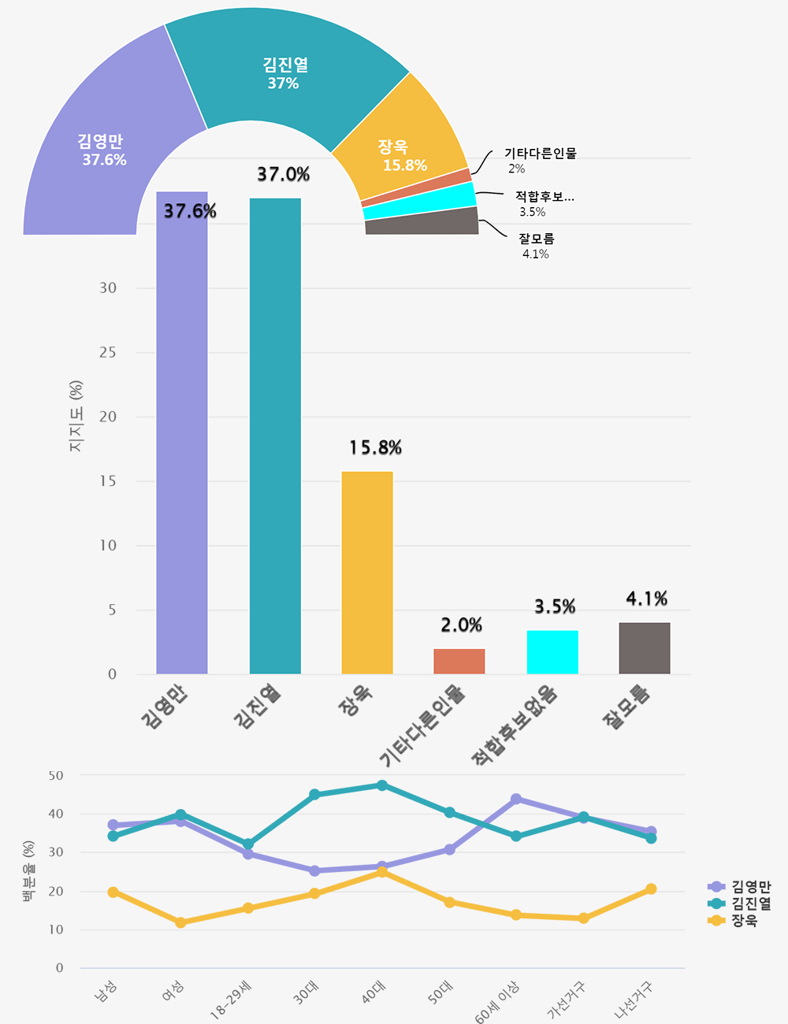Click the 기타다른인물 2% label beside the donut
[540, 161]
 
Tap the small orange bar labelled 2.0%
[459, 662]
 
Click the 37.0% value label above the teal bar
[283, 174]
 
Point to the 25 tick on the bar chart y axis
[108, 352]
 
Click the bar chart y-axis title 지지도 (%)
[76, 417]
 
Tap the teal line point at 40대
[382, 785]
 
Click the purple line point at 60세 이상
[516, 799]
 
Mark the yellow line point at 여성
[180, 922]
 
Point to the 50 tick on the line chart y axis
[56, 775]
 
